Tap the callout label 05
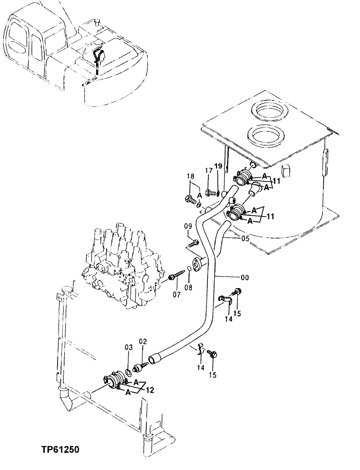[x=245, y=238]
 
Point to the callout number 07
[x=177, y=294]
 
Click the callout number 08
[x=188, y=288]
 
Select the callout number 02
[x=143, y=342]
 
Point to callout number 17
[x=208, y=171]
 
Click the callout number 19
[x=218, y=166]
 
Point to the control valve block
[x=117, y=264]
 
